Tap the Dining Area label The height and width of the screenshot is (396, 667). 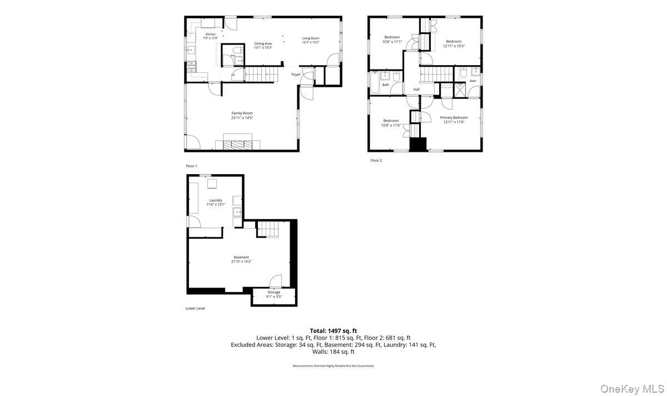pyautogui.click(x=263, y=45)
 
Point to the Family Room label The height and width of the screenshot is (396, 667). pyautogui.click(x=242, y=115)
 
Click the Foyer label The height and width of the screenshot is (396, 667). pyautogui.click(x=296, y=75)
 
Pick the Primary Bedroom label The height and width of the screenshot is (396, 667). pyautogui.click(x=454, y=120)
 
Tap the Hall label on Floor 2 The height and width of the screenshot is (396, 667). pyautogui.click(x=416, y=89)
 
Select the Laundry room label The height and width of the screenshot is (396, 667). pyautogui.click(x=216, y=202)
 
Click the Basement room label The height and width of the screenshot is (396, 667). pyautogui.click(x=241, y=259)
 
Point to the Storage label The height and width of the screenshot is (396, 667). pyautogui.click(x=273, y=294)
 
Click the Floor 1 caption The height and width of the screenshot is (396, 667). pyautogui.click(x=191, y=166)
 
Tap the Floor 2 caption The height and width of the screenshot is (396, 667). pyautogui.click(x=376, y=160)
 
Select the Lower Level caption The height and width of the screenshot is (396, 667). pyautogui.click(x=195, y=308)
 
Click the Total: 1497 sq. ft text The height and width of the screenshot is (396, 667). pyautogui.click(x=333, y=331)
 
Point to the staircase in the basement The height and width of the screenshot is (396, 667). pyautogui.click(x=267, y=229)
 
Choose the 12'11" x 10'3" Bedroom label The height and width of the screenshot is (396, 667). pyautogui.click(x=454, y=43)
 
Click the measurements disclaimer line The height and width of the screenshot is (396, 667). pyautogui.click(x=333, y=366)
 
